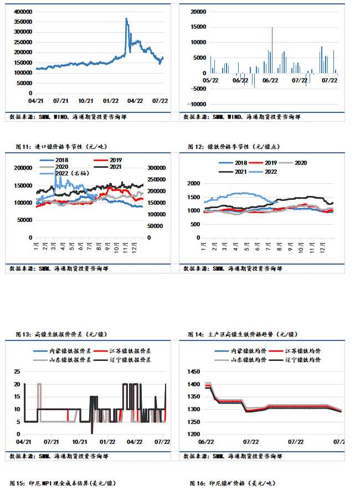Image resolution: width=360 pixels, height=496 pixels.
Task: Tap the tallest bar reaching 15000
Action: pos(272,28)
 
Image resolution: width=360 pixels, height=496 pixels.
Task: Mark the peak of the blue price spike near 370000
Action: pos(126,19)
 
